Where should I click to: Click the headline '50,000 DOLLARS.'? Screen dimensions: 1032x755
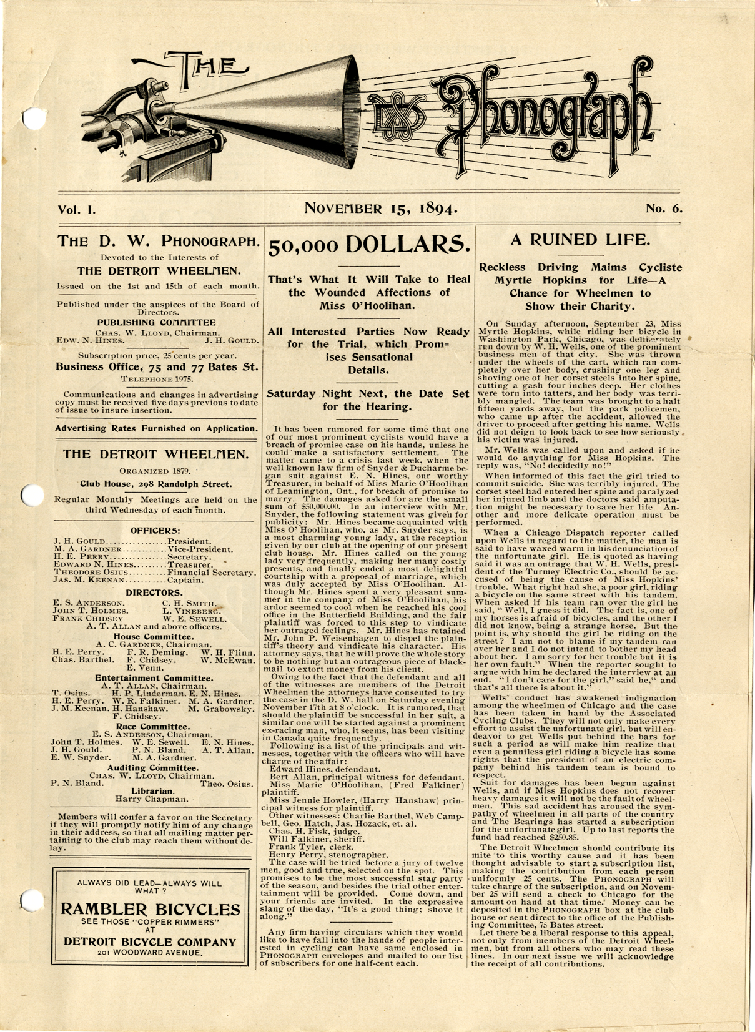(x=368, y=245)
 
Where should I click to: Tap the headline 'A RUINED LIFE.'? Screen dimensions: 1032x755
(x=580, y=240)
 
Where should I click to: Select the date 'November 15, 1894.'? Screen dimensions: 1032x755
(x=381, y=209)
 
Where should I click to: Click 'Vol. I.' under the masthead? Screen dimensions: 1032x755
(x=77, y=210)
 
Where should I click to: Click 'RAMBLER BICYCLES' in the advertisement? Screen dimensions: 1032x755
(x=151, y=909)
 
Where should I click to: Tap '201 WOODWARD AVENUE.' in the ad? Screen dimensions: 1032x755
(x=150, y=953)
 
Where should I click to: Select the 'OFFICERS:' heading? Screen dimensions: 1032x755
(x=155, y=531)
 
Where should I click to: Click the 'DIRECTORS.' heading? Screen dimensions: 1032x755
(x=154, y=592)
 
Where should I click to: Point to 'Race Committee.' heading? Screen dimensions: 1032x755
(x=153, y=727)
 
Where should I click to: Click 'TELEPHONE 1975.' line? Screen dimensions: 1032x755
(x=157, y=379)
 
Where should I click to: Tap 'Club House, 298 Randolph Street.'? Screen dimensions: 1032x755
(x=155, y=484)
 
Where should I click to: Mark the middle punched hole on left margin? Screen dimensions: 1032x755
(x=30, y=495)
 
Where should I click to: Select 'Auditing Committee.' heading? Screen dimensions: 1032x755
(x=153, y=768)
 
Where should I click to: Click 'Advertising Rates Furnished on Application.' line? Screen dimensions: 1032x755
(x=156, y=429)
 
